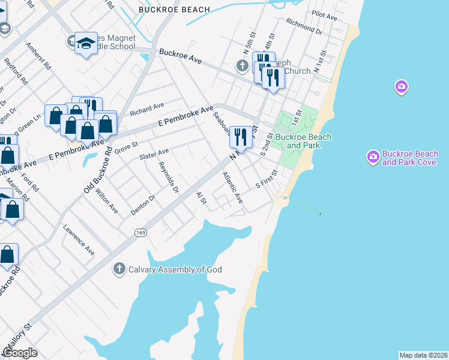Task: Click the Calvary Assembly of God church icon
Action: [x=119, y=269]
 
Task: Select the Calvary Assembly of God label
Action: [x=175, y=269]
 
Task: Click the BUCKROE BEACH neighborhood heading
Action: [x=174, y=10]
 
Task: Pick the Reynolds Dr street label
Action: [x=169, y=178]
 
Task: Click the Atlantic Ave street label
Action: [x=232, y=188]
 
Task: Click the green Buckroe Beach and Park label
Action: [x=303, y=141]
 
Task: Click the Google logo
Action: [x=20, y=353]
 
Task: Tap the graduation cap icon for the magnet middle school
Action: [x=86, y=43]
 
